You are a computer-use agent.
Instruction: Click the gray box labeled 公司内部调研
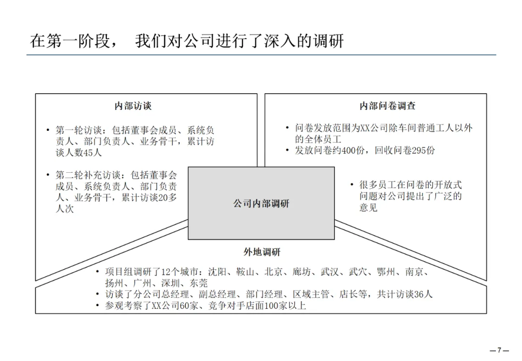pos(261,203)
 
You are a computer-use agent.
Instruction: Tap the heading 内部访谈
pos(133,106)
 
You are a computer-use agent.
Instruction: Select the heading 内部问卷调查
pos(387,106)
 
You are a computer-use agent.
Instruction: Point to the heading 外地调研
pos(261,252)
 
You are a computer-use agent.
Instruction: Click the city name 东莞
pos(198,283)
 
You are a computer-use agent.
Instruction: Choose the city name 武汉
pos(330,272)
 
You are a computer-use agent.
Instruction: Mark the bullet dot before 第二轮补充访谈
pos(48,174)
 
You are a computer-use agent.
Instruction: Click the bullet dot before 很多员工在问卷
pos(352,185)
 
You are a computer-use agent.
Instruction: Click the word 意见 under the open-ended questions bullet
pos(368,208)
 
